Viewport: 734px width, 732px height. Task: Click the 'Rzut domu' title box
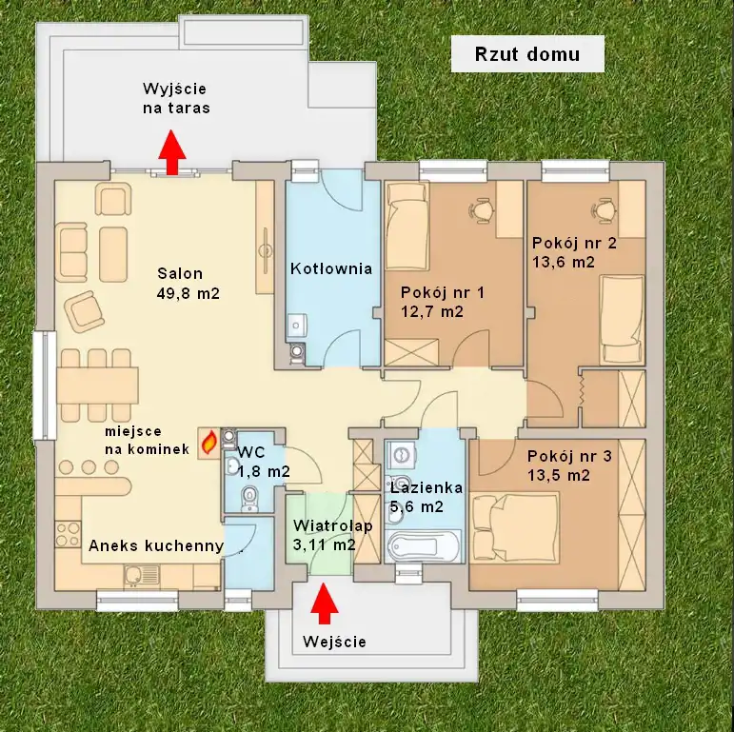tap(527, 54)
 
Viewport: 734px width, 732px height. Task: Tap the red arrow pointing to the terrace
tap(172, 152)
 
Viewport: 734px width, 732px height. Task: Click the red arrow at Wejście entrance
tap(324, 603)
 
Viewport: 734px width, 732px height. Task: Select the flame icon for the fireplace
tap(208, 443)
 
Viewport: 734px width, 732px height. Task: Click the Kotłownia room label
tap(331, 268)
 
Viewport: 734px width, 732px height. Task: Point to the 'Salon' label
tap(180, 273)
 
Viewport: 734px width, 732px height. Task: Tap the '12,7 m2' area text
tap(432, 311)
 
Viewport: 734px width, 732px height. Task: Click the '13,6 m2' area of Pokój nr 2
tap(564, 262)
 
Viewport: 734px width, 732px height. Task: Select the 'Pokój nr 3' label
tap(569, 456)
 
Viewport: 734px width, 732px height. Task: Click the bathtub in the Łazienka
tap(424, 545)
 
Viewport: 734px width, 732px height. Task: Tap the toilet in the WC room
tap(248, 499)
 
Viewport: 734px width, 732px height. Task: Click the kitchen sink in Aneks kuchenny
tap(142, 576)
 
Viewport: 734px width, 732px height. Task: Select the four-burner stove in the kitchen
tap(68, 535)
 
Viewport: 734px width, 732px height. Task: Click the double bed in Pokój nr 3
tap(515, 526)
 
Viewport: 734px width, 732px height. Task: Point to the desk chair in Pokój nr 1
tap(481, 208)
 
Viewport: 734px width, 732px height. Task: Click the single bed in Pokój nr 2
tap(622, 320)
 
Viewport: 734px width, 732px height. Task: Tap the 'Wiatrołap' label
tap(333, 525)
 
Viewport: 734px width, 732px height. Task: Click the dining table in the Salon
tap(98, 386)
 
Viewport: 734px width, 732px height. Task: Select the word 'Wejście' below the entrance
tap(334, 642)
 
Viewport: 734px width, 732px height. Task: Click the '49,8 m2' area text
tap(188, 293)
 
